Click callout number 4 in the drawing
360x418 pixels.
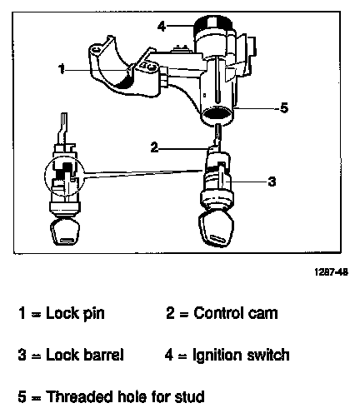[x=162, y=27]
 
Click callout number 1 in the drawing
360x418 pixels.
[x=62, y=68]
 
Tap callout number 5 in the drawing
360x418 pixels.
[x=284, y=107]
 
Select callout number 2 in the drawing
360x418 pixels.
[x=154, y=147]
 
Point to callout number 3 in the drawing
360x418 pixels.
[x=272, y=182]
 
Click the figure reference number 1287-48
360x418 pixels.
[x=331, y=272]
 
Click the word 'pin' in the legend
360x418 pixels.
[x=94, y=314]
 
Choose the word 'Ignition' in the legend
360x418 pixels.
[x=217, y=356]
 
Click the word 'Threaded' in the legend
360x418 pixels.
[x=80, y=396]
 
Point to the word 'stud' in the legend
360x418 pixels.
[x=190, y=396]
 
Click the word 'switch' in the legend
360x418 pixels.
[x=268, y=355]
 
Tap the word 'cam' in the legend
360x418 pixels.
[x=262, y=314]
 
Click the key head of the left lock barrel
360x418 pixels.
[x=65, y=231]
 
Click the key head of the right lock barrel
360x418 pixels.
[x=217, y=227]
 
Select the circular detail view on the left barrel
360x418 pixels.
[x=64, y=176]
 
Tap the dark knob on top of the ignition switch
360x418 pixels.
[x=212, y=24]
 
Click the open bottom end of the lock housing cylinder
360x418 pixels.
[x=217, y=113]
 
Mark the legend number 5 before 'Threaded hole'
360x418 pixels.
[x=22, y=396]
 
